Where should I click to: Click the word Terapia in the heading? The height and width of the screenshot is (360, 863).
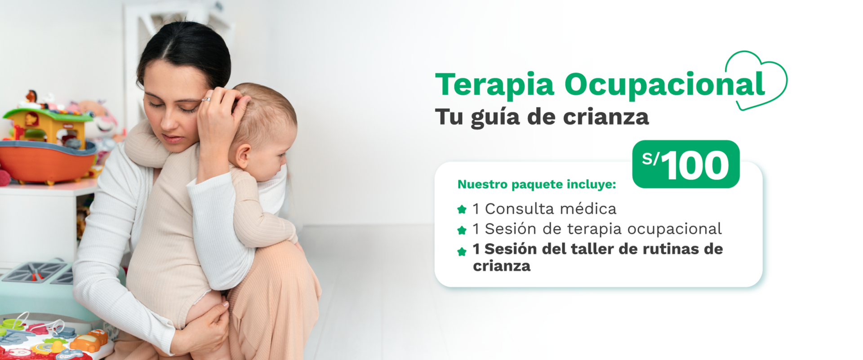[x=494, y=84]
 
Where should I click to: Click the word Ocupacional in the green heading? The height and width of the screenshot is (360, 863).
[x=665, y=84]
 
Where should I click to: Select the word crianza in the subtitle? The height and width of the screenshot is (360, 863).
[x=606, y=117]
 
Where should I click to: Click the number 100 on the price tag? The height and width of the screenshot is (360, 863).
[x=695, y=165]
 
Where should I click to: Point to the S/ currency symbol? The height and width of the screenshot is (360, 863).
[x=650, y=159]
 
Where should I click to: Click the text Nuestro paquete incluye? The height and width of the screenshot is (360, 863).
[x=537, y=184]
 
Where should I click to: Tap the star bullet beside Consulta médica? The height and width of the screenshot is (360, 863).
[x=462, y=209]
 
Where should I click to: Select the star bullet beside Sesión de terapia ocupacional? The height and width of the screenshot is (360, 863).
[x=462, y=230]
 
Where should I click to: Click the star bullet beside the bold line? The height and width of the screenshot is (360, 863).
[x=462, y=251]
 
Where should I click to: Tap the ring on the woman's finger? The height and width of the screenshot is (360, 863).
[x=206, y=99]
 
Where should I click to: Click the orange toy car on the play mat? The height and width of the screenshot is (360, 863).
[x=90, y=340]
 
